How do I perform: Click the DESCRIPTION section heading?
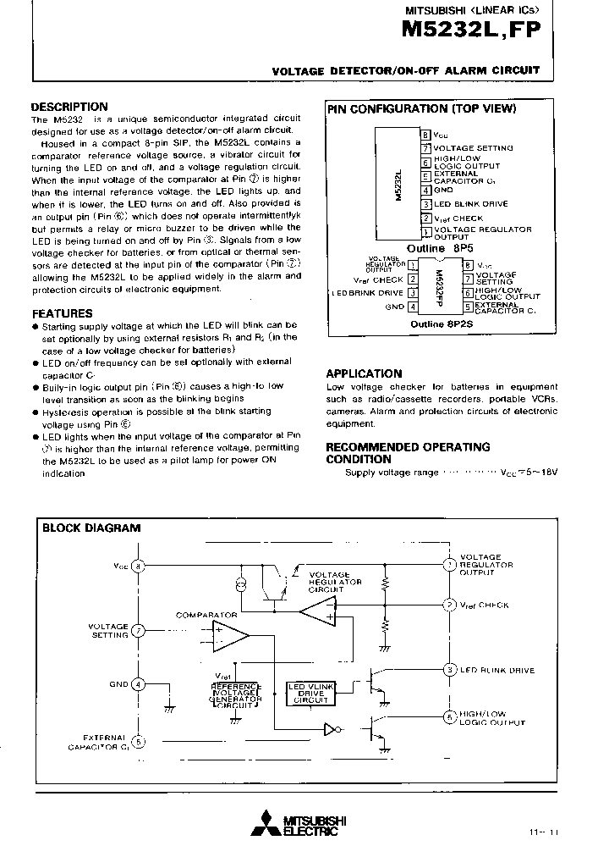coord(69,107)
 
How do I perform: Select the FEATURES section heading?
coord(62,313)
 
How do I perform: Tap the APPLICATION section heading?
coord(364,373)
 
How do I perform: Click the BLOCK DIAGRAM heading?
coord(91,528)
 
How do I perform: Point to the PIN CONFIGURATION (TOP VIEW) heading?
coord(421,108)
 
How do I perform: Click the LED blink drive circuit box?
coord(309,693)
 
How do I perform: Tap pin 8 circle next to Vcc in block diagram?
coord(140,566)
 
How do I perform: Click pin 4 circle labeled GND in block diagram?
coord(140,684)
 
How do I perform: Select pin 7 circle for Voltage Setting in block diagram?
coord(140,630)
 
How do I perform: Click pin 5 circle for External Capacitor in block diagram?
coord(140,741)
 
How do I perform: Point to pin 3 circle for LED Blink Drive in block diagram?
coord(449,670)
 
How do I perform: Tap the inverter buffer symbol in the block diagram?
coord(331,727)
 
